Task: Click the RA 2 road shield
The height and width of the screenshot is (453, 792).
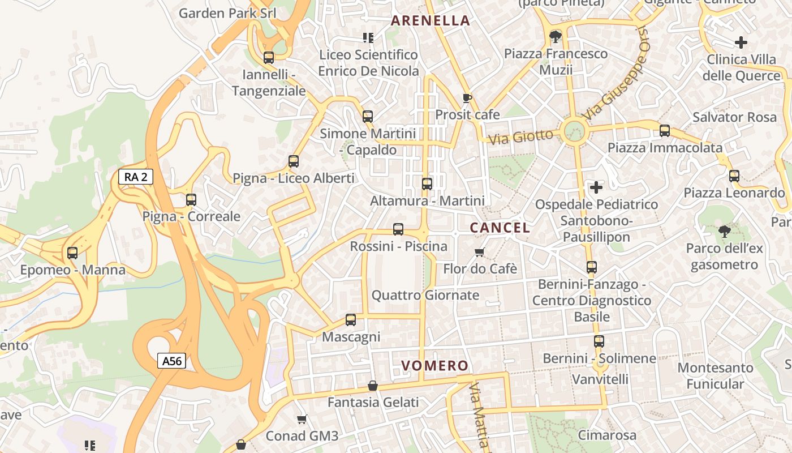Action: (x=136, y=177)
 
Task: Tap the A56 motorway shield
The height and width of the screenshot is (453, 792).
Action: (x=171, y=361)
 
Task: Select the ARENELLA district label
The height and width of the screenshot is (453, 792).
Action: (x=431, y=21)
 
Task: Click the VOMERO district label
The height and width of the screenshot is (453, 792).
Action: (x=435, y=366)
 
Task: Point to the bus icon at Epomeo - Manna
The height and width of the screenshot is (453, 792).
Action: (x=72, y=253)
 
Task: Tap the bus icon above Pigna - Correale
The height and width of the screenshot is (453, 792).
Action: (x=191, y=200)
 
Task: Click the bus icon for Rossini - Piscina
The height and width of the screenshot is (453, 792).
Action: (x=398, y=229)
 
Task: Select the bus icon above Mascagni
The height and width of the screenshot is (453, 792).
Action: (x=351, y=320)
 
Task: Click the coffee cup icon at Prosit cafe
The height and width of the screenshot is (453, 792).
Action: (x=467, y=98)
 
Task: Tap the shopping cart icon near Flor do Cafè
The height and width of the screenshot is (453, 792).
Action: (x=480, y=252)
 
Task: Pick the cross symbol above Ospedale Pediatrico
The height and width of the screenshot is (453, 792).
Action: (x=596, y=187)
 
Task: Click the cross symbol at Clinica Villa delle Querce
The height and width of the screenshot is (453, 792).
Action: (x=741, y=42)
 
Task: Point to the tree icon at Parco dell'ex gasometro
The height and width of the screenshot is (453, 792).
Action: (x=724, y=231)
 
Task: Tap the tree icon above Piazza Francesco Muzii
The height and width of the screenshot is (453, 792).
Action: (x=556, y=37)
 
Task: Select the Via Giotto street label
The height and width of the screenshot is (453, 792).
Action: (x=520, y=136)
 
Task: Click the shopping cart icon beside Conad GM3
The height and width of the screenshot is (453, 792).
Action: (x=302, y=420)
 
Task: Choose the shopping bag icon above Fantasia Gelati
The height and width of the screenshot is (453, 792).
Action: (x=373, y=386)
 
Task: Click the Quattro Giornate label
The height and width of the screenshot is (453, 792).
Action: (x=425, y=295)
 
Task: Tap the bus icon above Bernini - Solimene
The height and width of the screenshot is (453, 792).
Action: (x=599, y=341)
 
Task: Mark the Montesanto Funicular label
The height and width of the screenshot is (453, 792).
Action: (x=715, y=375)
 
